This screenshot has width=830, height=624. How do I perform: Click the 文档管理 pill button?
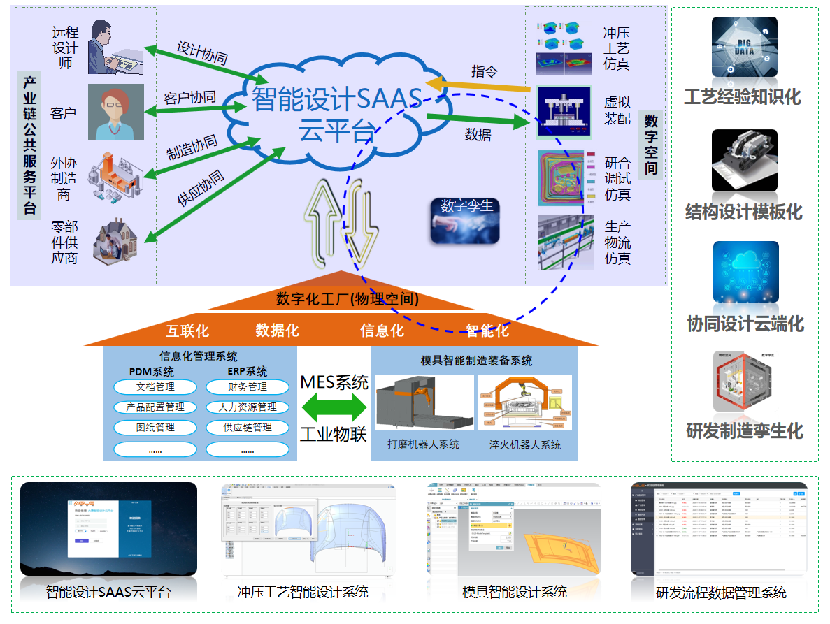155,386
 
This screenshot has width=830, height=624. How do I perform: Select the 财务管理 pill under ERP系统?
247,386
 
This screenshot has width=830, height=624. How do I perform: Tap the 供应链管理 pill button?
247,427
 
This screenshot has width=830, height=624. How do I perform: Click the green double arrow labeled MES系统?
333,407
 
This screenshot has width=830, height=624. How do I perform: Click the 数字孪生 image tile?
465,220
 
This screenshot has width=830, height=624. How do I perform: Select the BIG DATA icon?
745,47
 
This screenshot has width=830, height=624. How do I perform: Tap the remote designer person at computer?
113,48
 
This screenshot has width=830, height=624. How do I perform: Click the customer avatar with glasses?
115,112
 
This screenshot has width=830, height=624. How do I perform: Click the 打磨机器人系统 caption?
424,444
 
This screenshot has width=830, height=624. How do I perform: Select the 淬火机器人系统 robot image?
524,404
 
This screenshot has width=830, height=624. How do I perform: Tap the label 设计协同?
202,54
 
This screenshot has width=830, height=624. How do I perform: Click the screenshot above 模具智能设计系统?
513,529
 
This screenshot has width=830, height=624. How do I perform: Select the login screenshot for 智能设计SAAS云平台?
108,529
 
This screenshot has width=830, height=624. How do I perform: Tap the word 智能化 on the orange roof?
487,331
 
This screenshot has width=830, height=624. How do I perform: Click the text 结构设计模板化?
744,212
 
